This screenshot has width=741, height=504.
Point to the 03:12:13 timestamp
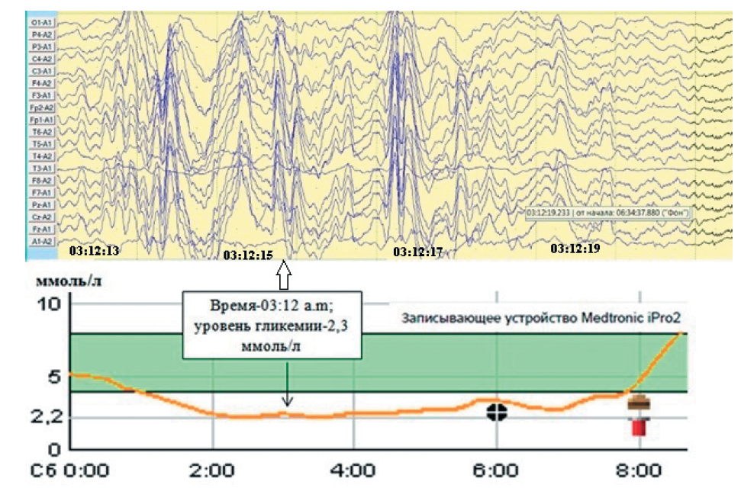(95, 249)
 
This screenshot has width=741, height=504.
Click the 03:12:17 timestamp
(418, 251)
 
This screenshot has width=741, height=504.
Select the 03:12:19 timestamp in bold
(575, 249)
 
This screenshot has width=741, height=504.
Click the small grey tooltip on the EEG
(607, 213)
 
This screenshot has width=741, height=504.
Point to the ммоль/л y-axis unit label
(68, 281)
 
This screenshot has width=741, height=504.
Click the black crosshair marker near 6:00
(497, 412)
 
